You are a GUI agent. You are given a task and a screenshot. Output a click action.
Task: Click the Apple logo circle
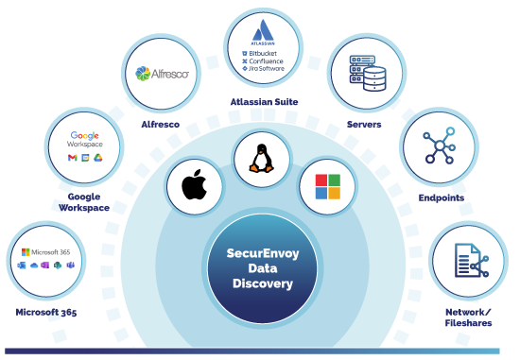(194, 187)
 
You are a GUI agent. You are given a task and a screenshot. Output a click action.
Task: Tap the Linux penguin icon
(261, 156)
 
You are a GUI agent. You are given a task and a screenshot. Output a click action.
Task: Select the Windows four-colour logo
(326, 186)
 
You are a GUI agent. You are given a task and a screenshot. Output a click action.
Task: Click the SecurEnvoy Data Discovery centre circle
(260, 269)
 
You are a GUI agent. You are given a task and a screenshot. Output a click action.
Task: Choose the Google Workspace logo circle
(84, 146)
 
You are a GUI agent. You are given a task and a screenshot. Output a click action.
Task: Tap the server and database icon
(362, 72)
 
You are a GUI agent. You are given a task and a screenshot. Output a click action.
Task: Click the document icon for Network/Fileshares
(469, 261)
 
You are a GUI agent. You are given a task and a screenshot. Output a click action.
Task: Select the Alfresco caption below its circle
(160, 123)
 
